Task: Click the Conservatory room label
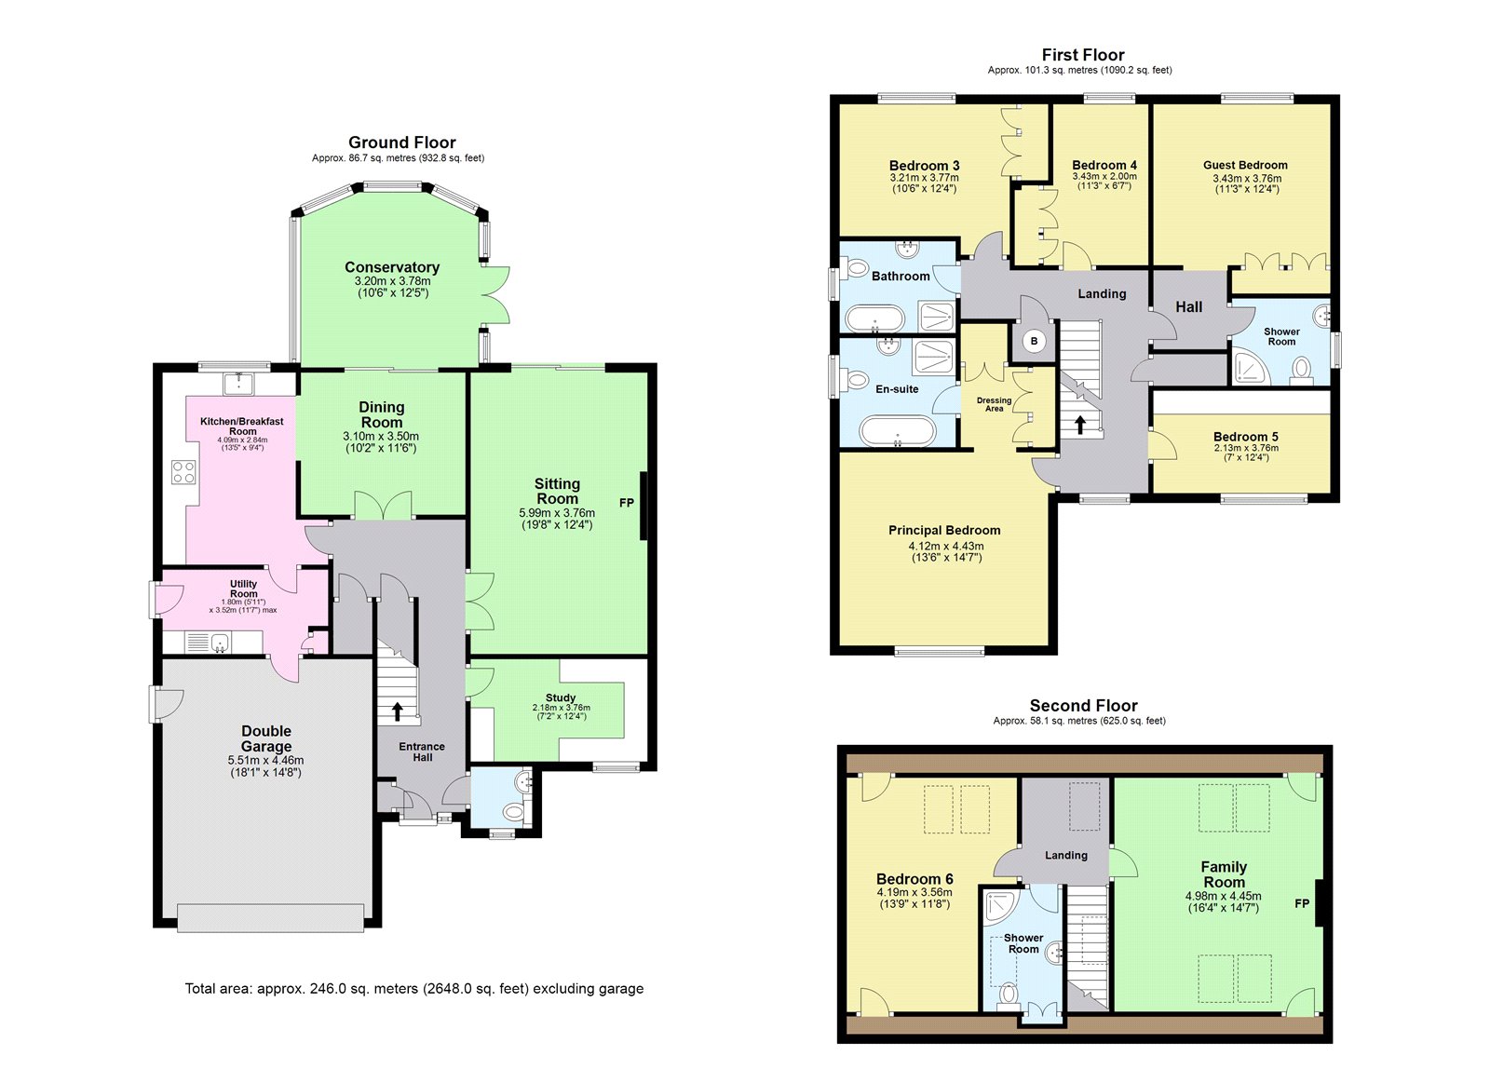[392, 266]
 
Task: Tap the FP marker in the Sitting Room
[626, 503]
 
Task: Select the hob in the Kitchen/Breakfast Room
[183, 472]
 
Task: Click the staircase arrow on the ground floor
[397, 711]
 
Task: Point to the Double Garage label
[266, 738]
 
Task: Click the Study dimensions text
[561, 711]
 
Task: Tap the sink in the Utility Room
[220, 643]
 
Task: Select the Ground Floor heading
[401, 142]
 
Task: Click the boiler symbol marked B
[1034, 341]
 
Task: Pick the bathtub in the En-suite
[898, 431]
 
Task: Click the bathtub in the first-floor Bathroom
[874, 318]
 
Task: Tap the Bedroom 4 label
[1104, 165]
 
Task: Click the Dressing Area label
[994, 404]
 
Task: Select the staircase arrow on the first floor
[1079, 425]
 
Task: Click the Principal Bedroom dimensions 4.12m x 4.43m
[946, 547]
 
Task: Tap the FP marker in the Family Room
[1302, 903]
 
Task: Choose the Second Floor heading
[1084, 705]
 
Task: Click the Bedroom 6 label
[914, 879]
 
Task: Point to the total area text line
[413, 989]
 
